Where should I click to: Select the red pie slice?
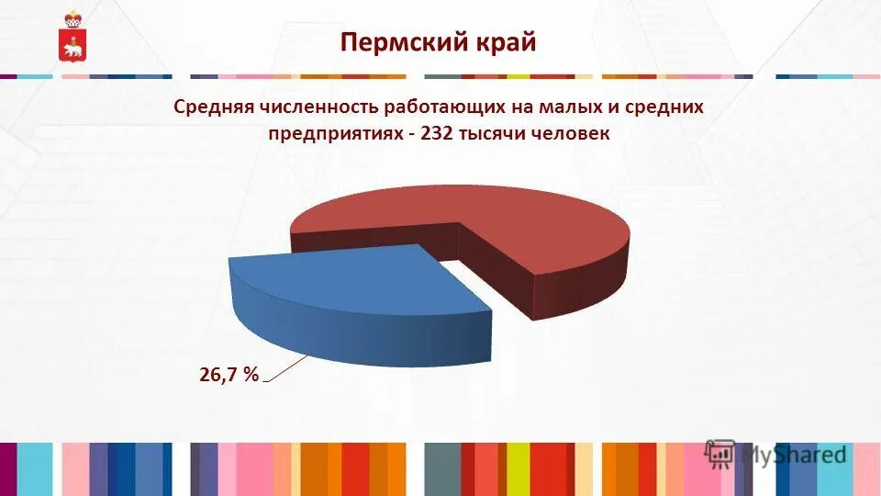pyautogui.click(x=514, y=230)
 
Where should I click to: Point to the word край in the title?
pyautogui.click(x=505, y=42)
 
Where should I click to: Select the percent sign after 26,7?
pyautogui.click(x=251, y=374)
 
